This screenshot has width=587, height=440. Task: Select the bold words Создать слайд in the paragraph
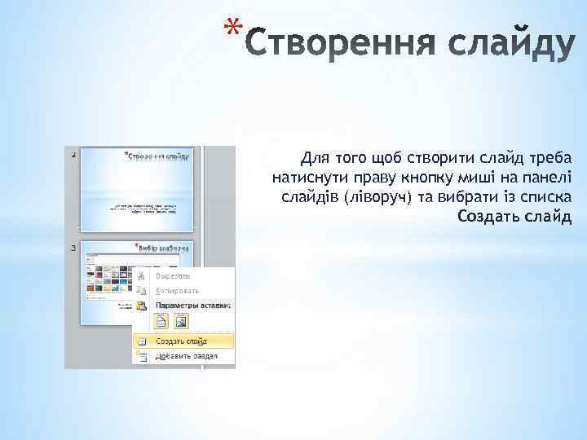[514, 216]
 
